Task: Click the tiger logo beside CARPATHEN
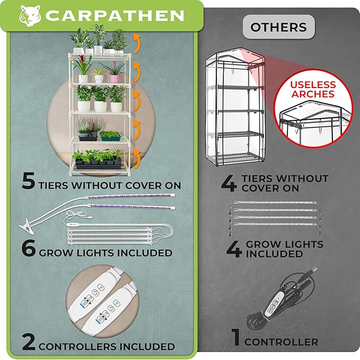30,15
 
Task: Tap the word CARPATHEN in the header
115,15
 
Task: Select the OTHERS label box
279,27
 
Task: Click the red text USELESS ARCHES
313,89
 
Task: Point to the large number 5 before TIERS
29,181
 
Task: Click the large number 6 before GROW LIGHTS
29,248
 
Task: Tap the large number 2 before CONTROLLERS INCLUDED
29,342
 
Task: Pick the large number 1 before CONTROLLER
236,337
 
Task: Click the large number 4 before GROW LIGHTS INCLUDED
234,249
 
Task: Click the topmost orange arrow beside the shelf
137,43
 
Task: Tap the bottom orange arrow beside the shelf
137,159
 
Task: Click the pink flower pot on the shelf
115,79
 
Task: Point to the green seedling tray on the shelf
110,138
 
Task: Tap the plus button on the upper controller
101,287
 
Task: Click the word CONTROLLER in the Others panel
281,342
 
